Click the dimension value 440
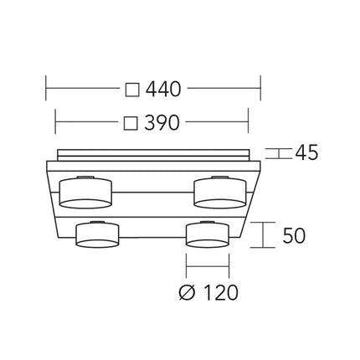pyautogui.click(x=163, y=89)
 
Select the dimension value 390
pyautogui.click(x=162, y=122)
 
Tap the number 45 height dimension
pyautogui.click(x=306, y=152)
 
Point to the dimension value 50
pyautogui.click(x=294, y=235)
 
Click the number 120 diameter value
pyautogui.click(x=221, y=292)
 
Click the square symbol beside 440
pyautogui.click(x=132, y=90)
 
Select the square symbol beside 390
pyautogui.click(x=131, y=123)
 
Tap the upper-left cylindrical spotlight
pyautogui.click(x=85, y=193)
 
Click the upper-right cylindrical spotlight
pyautogui.click(x=220, y=193)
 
